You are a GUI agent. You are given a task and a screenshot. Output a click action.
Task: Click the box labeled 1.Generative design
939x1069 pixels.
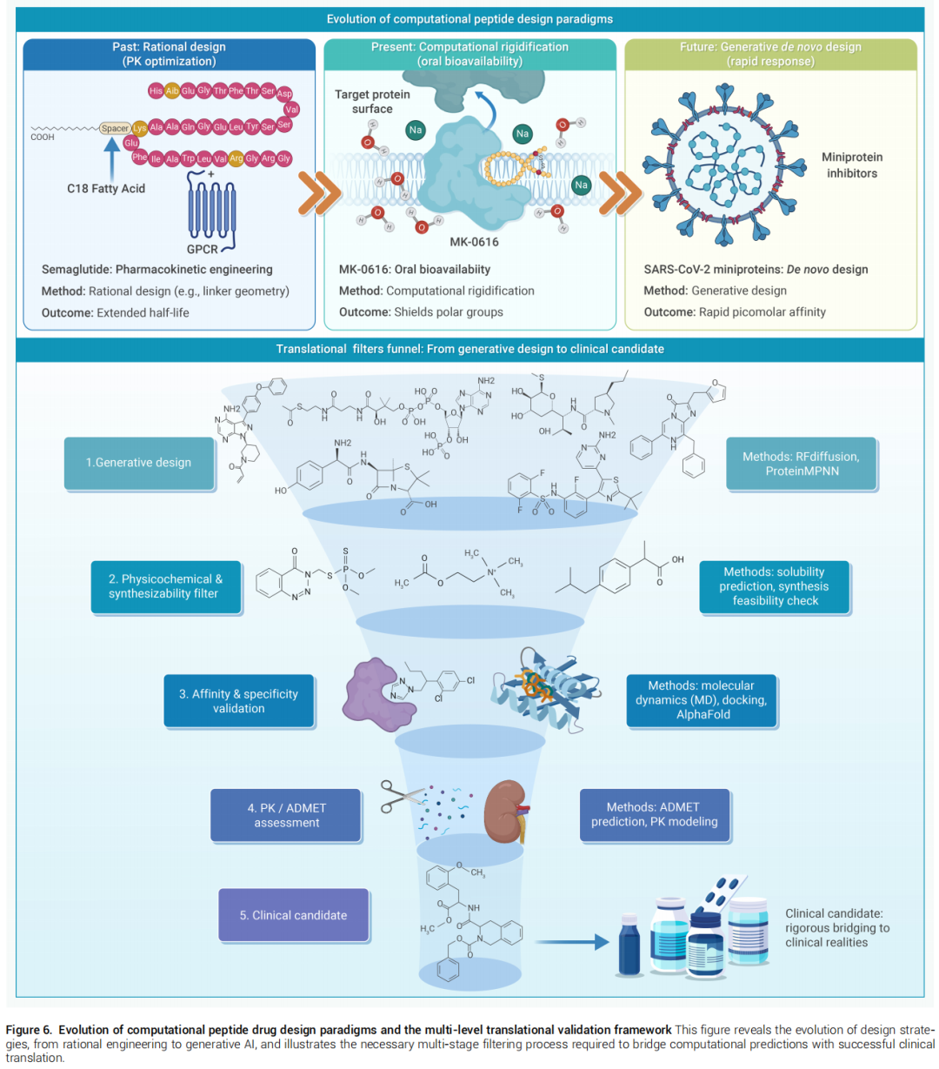point(139,463)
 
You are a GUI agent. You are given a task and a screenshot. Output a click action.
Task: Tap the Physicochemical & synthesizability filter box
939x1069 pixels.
point(166,586)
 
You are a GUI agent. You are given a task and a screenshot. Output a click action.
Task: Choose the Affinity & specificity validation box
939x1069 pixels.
point(238,700)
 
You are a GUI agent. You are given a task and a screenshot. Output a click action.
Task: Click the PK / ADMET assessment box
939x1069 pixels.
point(285,814)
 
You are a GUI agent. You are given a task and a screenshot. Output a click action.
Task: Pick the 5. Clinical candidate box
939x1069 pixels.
point(293,914)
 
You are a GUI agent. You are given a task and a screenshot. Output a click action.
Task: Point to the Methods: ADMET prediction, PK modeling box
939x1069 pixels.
point(654,814)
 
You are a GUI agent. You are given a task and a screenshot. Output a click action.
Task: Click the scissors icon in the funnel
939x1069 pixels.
point(399,797)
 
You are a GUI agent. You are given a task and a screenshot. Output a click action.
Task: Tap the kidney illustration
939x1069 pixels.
point(505,812)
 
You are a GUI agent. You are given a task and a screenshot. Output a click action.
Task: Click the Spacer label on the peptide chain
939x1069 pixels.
point(115,128)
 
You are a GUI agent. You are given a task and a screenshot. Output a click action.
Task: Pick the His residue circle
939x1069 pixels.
point(156,90)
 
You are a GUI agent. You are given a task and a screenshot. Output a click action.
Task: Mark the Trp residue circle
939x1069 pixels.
point(189,158)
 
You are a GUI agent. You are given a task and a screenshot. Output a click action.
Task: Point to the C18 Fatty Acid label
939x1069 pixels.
point(106,189)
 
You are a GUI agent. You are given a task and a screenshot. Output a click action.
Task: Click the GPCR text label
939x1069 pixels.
point(202,249)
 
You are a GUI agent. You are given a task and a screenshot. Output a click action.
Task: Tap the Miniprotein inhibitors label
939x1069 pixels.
point(851,165)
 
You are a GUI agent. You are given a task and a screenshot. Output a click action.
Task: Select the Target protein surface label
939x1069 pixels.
point(372,101)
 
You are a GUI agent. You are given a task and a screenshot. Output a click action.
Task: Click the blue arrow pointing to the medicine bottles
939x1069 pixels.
point(572,941)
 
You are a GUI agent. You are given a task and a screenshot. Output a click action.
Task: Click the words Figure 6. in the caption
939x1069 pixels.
point(29,1030)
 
